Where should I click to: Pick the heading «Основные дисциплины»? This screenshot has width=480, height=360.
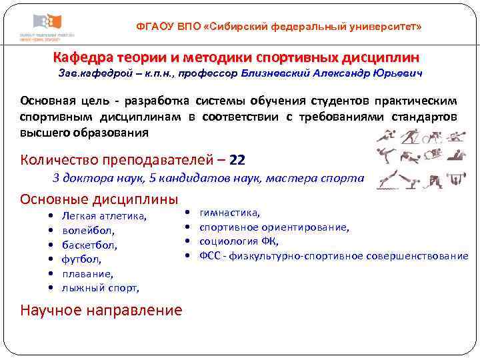click(x=99, y=199)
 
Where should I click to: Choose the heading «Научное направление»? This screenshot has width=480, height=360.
click(x=101, y=309)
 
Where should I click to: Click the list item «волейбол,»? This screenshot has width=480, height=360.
click(x=89, y=230)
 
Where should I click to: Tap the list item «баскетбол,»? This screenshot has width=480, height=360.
click(x=89, y=245)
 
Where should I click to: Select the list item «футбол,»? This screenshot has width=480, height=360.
click(x=82, y=259)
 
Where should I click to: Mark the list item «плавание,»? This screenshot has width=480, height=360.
click(x=87, y=273)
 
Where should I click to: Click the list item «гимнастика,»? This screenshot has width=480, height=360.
click(x=230, y=213)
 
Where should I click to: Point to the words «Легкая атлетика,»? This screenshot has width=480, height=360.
click(x=104, y=215)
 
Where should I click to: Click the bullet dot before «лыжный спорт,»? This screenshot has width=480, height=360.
click(x=51, y=288)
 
